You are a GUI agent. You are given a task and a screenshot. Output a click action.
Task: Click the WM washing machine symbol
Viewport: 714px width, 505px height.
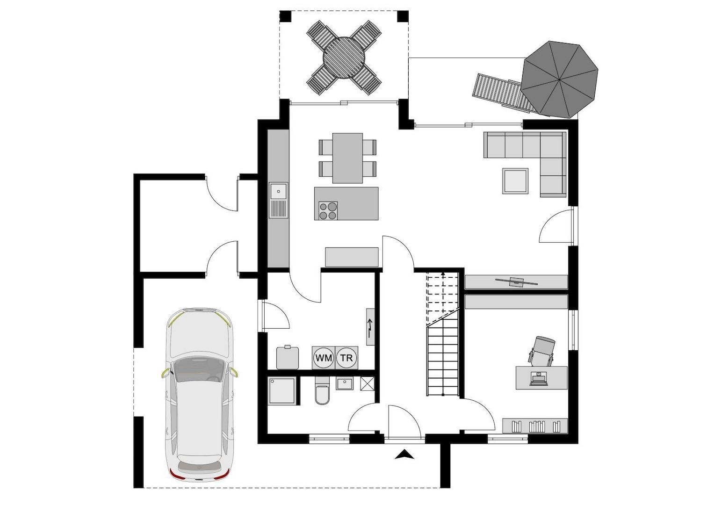coord(323,358)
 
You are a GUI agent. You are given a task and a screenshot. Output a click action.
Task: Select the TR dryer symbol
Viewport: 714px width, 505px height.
coord(346,358)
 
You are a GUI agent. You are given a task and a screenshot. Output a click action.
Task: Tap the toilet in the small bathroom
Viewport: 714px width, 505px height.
coord(322,393)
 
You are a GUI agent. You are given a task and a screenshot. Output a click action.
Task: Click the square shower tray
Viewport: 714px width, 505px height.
coord(282,390)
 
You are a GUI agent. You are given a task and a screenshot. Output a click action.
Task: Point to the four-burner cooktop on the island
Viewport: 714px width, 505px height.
coord(328,210)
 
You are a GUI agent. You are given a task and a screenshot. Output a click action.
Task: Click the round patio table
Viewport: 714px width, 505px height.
coord(344,57)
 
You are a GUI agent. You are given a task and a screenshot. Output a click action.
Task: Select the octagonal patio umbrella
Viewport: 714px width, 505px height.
coord(560,79)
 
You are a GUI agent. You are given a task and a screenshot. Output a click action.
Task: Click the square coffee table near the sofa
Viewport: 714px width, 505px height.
coord(516,181)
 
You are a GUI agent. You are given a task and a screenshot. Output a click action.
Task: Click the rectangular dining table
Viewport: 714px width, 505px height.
coord(347,158)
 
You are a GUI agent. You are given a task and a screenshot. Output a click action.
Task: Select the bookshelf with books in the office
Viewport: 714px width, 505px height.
coord(535,426)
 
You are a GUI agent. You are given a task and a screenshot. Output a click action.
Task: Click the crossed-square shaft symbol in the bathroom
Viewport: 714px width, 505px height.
coord(367,384)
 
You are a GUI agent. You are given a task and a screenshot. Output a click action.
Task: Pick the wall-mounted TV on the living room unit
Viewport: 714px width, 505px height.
coord(516,281)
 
